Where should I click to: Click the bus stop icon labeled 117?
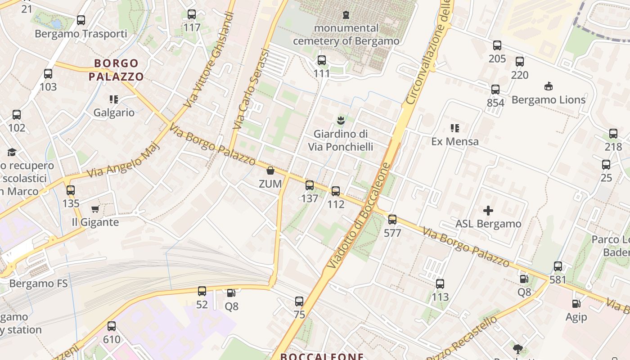192,14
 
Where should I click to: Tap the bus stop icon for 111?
322,60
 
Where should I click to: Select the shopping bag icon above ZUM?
270,171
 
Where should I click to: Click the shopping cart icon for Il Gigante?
95,209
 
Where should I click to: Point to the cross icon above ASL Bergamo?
488,211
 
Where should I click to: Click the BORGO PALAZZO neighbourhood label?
116,70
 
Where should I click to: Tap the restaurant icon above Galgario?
113,99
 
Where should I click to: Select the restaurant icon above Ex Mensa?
455,128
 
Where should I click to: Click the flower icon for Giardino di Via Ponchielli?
341,120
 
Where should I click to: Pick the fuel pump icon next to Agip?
576,304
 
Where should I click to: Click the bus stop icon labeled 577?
392,220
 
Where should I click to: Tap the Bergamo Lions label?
549,99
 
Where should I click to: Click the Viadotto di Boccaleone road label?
359,216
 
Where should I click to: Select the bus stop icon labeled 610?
112,326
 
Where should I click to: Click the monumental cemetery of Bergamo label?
346,35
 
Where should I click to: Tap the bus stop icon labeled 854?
495,90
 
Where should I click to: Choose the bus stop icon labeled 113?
440,284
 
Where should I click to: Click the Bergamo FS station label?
38,283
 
